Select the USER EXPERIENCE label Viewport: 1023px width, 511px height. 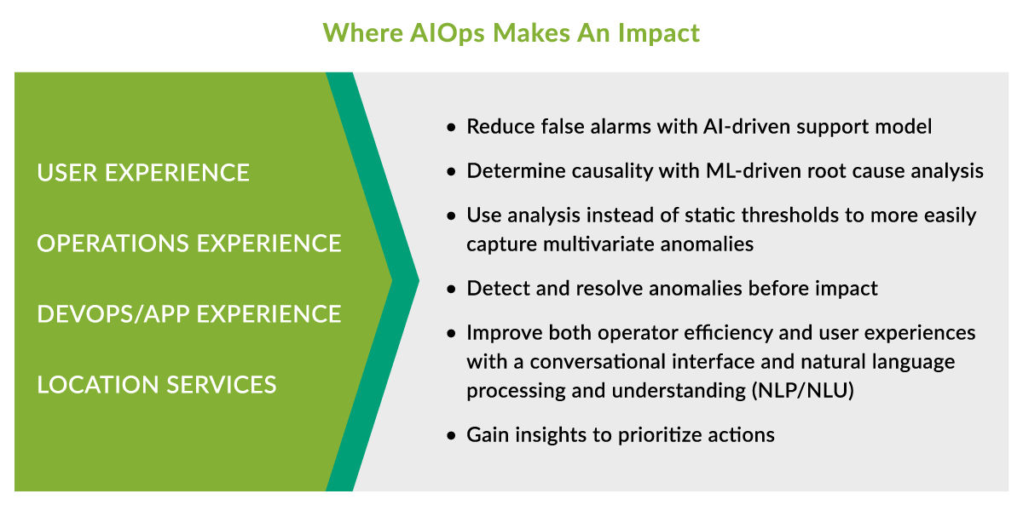(x=143, y=173)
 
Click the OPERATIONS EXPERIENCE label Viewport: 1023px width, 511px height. (x=188, y=244)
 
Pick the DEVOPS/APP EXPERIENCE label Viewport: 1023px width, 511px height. (x=188, y=314)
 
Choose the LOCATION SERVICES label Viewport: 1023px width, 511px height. (x=157, y=385)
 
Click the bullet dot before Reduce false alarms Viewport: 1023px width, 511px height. (x=452, y=128)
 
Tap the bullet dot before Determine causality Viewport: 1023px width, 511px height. (x=452, y=172)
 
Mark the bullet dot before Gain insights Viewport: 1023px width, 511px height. (x=452, y=436)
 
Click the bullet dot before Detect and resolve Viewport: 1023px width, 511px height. (x=452, y=290)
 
